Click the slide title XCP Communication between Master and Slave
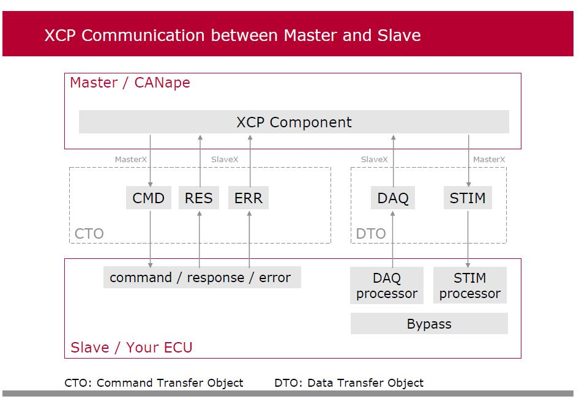point(232,35)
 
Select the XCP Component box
point(294,122)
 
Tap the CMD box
point(149,198)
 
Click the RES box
point(199,198)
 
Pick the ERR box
point(248,198)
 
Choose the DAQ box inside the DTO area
point(392,198)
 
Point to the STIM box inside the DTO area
point(468,198)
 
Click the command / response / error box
point(201,277)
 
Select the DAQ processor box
point(387,286)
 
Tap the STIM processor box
point(469,286)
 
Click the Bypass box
point(429,324)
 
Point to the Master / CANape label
point(130,83)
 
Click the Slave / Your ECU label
point(132,348)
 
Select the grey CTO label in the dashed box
point(89,234)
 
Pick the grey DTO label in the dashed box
point(371,234)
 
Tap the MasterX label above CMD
point(131,160)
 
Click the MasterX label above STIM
point(489,160)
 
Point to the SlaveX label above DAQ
point(374,160)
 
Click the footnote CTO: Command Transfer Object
point(154,383)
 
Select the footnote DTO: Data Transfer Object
point(349,383)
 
